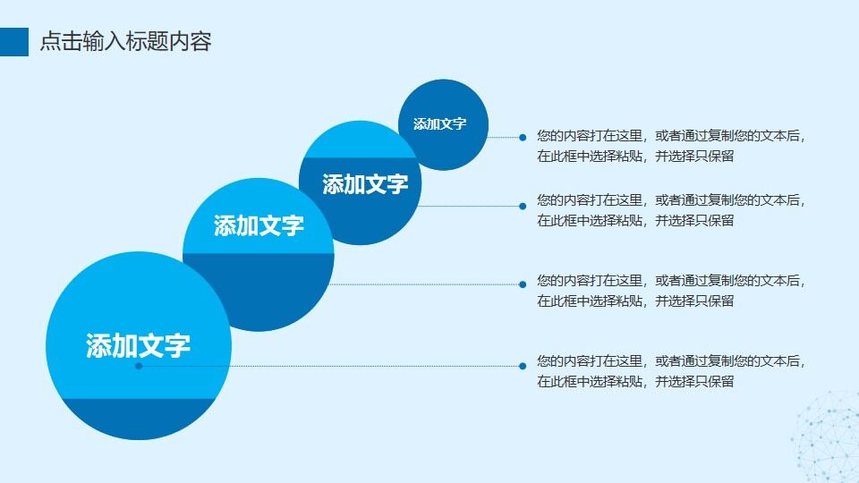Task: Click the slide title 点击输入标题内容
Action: coord(125,42)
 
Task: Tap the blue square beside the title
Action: coord(14,42)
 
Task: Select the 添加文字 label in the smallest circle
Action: coord(439,124)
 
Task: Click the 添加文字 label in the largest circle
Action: coord(138,345)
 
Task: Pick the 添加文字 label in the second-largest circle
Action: coord(259,225)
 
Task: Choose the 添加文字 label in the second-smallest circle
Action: coord(365,184)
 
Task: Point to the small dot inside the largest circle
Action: coord(138,366)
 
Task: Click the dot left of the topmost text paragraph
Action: coord(523,137)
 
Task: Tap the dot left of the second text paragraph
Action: coord(523,206)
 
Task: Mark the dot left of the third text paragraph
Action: coord(523,284)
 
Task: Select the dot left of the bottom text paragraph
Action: coord(523,366)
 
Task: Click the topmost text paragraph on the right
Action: coord(671,146)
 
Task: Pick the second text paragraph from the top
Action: coord(671,210)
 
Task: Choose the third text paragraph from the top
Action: coord(671,291)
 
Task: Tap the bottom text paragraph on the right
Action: coord(671,371)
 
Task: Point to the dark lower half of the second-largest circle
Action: coord(259,291)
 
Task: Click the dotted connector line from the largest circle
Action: coord(376,366)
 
